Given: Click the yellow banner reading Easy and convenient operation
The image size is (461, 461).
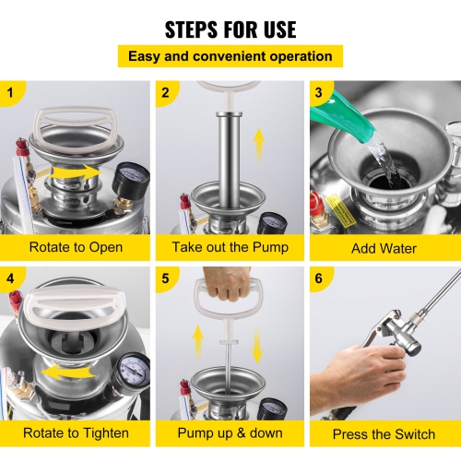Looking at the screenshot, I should [230, 56].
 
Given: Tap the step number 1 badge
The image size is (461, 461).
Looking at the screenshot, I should [10, 92].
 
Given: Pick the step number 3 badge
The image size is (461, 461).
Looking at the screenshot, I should [319, 92].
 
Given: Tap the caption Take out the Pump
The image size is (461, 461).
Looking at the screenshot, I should [230, 248].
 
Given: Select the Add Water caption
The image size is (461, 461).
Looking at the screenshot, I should [384, 248].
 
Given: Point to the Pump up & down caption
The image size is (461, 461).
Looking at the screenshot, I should [230, 432].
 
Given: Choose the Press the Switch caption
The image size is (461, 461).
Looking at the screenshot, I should [384, 432].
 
